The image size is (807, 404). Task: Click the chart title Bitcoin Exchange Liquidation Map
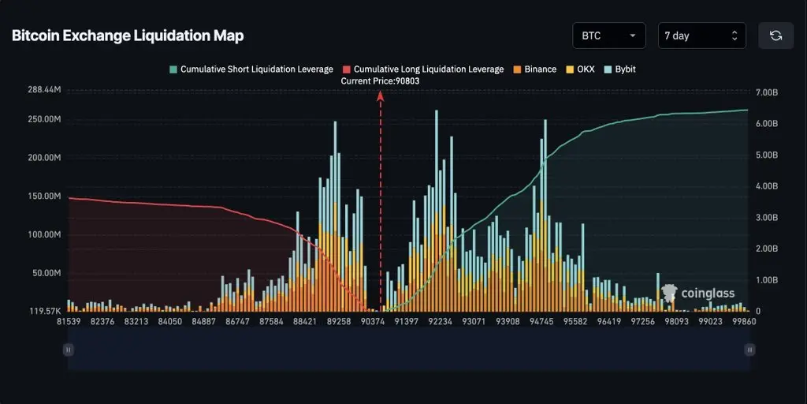(128, 36)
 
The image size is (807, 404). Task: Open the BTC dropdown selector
(609, 36)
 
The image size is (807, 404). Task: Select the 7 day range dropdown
(701, 36)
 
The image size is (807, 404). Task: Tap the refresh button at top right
(775, 36)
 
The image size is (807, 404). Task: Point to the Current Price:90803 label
(381, 80)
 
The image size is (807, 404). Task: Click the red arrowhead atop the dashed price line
(381, 96)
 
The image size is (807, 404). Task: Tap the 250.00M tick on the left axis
(44, 119)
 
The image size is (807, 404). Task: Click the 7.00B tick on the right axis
(767, 93)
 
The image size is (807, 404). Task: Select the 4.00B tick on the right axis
(767, 186)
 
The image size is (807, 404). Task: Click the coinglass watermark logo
(698, 294)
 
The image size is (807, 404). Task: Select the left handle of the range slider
(69, 350)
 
